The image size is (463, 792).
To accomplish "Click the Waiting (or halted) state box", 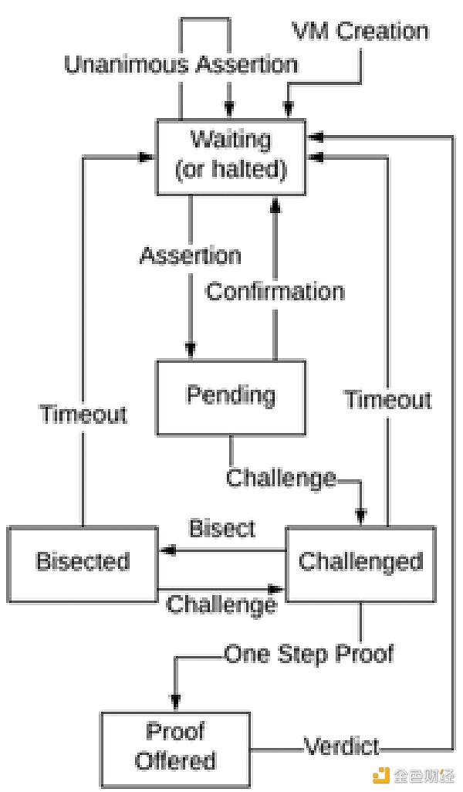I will click(x=231, y=156).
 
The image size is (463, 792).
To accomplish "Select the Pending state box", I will click(x=231, y=397).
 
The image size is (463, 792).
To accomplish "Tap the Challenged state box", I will click(x=360, y=561).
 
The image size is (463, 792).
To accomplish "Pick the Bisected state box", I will click(x=83, y=561).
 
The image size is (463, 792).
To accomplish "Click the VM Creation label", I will click(x=360, y=32).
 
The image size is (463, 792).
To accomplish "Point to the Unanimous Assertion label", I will click(x=181, y=64).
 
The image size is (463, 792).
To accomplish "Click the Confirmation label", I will click(x=275, y=292).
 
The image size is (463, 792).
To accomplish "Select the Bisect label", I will click(x=222, y=528).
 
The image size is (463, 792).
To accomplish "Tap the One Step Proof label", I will click(x=309, y=654).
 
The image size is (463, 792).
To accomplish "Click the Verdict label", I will click(x=341, y=746).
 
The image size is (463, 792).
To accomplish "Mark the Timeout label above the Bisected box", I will click(x=83, y=414).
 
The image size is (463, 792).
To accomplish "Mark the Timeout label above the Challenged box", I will click(x=387, y=400).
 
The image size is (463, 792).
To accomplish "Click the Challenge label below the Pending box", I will click(x=281, y=478).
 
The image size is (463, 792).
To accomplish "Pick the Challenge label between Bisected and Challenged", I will click(x=221, y=604).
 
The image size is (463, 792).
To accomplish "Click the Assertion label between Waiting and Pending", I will click(x=190, y=255).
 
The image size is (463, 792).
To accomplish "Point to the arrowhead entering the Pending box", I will click(x=190, y=353).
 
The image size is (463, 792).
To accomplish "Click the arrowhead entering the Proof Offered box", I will click(x=176, y=704).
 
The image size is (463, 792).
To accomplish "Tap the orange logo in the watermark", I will click(x=380, y=774).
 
